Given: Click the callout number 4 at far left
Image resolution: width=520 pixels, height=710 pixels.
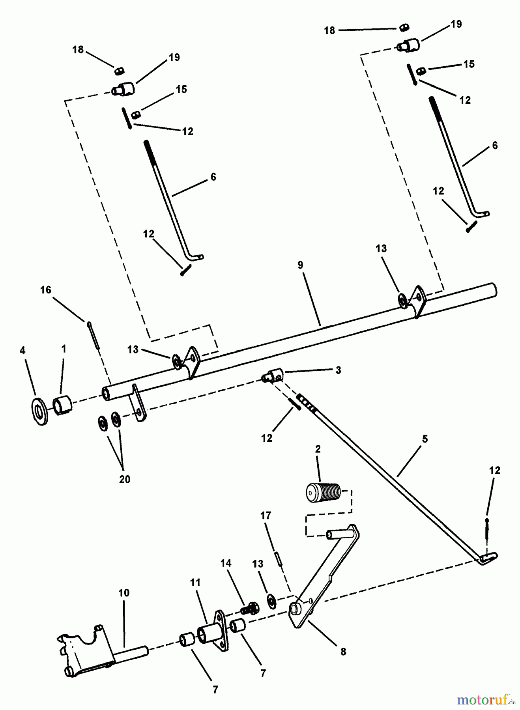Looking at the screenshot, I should (22, 351).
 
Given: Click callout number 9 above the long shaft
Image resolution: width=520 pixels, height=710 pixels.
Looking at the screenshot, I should (301, 265).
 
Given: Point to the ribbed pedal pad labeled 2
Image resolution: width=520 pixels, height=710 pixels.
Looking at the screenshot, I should (323, 492).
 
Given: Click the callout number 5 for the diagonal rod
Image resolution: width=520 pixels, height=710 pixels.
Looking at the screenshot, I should (425, 439).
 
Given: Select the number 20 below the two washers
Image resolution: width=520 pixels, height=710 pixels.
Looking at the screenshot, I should (124, 479).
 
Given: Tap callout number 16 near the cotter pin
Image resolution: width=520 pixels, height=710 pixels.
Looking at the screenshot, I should (46, 290).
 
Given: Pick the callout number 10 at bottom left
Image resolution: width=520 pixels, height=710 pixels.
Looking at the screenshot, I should (124, 593).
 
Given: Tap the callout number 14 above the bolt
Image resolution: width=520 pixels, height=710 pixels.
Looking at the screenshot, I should (226, 563).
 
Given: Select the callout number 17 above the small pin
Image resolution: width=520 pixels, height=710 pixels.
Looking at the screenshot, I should (266, 516).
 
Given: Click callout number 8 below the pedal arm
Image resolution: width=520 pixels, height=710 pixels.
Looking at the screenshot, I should (343, 652).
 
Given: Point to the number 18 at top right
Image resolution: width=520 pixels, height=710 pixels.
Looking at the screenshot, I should (329, 30).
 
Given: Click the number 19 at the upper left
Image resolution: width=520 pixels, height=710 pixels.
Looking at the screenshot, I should (174, 58).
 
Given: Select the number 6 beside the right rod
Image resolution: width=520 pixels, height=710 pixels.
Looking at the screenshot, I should (495, 146).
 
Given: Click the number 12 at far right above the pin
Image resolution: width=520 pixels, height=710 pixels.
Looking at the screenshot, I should (494, 470).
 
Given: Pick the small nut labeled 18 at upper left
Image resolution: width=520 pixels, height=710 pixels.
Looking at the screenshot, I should (120, 71).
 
